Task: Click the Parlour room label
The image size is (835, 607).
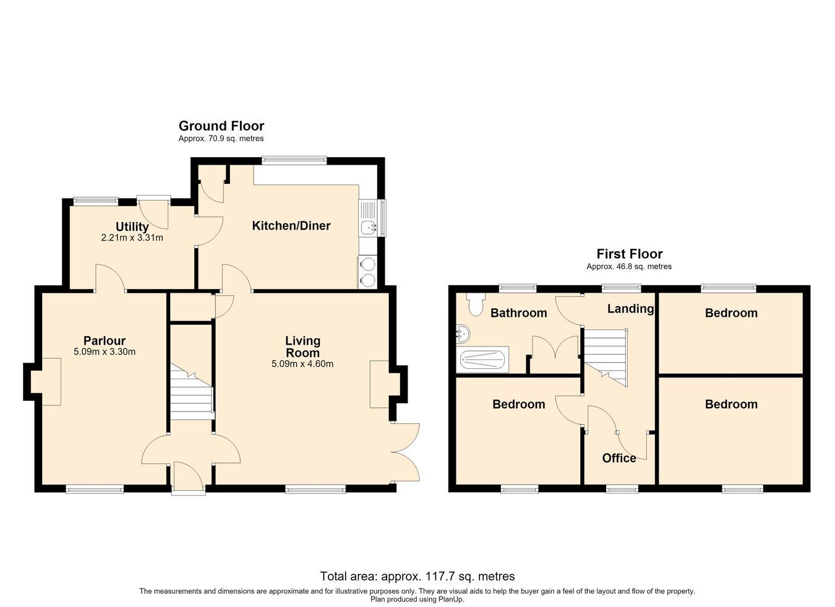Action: tap(105, 340)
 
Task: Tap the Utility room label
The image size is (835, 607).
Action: tap(132, 226)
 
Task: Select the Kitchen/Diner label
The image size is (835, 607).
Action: tap(291, 226)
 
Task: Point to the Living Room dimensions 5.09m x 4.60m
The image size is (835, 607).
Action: tap(302, 364)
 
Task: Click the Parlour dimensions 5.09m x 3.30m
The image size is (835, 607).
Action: tap(105, 351)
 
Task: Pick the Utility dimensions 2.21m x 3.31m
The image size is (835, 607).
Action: tap(132, 238)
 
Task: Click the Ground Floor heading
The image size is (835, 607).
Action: tap(221, 126)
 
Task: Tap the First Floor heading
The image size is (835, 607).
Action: tap(630, 254)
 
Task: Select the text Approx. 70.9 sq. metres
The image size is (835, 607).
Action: tap(221, 139)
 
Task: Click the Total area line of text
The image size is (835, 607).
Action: tap(417, 576)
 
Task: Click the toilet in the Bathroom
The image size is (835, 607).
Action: tap(475, 304)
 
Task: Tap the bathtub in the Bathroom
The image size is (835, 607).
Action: tap(482, 359)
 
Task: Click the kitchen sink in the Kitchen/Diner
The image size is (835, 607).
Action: tap(368, 227)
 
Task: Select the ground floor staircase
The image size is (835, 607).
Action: tap(192, 391)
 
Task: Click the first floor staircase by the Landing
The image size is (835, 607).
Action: tap(606, 358)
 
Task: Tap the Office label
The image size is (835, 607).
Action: tap(619, 458)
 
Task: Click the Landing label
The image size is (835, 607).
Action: tap(630, 309)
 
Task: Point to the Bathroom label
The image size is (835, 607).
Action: tap(518, 313)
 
